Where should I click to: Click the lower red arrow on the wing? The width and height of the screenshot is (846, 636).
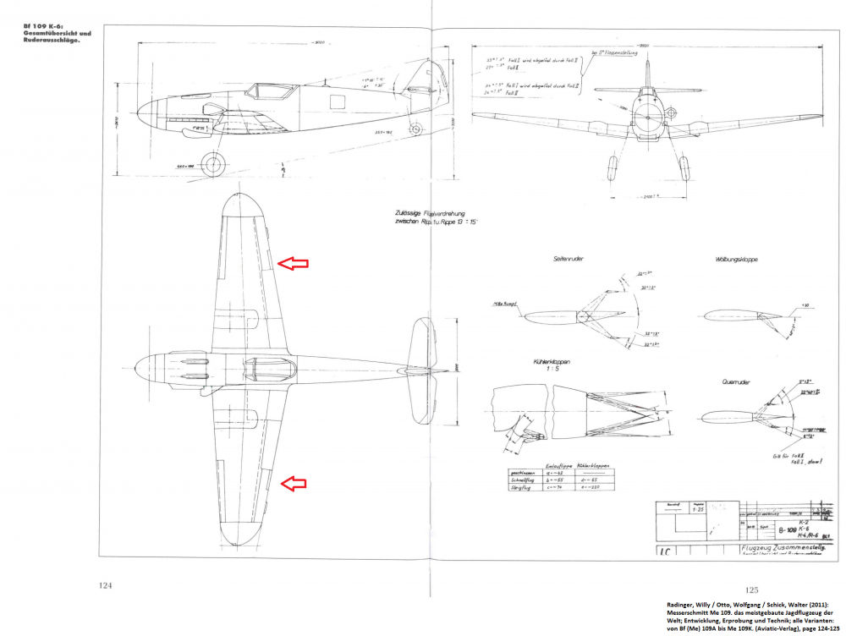[293, 483]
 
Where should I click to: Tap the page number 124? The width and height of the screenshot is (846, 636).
[106, 585]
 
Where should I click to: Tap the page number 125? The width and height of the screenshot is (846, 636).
[751, 589]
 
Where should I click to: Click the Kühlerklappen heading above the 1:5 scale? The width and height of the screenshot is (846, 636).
[551, 361]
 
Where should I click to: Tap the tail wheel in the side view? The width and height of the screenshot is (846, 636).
[415, 129]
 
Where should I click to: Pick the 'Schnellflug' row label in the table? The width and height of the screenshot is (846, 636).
[519, 480]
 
